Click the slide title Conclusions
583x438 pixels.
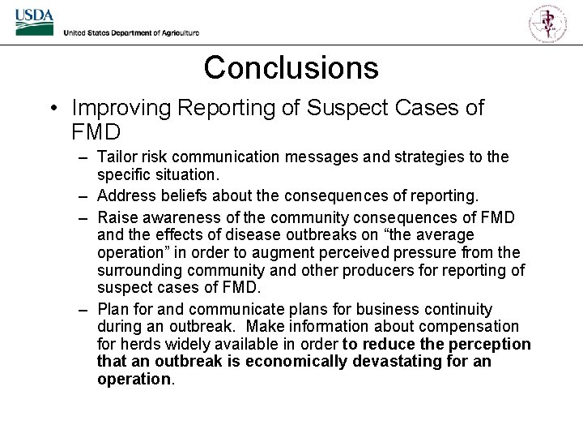click(x=291, y=67)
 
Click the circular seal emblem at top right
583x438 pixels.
click(x=548, y=22)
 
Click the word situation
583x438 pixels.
click(x=187, y=174)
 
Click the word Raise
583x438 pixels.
click(x=117, y=217)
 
